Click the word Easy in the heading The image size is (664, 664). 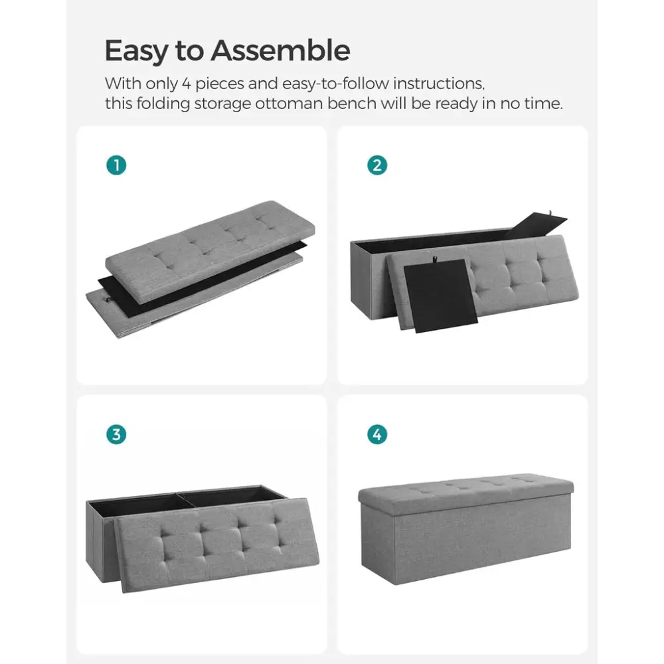point(136,52)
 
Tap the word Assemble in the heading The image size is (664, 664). point(281,50)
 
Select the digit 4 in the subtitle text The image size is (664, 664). point(187,84)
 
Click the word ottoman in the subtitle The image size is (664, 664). point(289,104)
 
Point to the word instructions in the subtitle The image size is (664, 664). point(439,84)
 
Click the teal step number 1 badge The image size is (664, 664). point(116,165)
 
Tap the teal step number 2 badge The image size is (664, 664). point(377,165)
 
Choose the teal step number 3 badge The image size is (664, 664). point(116,434)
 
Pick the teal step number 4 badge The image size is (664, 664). point(377,434)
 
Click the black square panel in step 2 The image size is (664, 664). point(440,295)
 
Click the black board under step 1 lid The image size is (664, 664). point(203,280)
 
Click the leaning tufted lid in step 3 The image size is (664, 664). point(217,545)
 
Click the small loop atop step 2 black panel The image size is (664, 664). point(434,258)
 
